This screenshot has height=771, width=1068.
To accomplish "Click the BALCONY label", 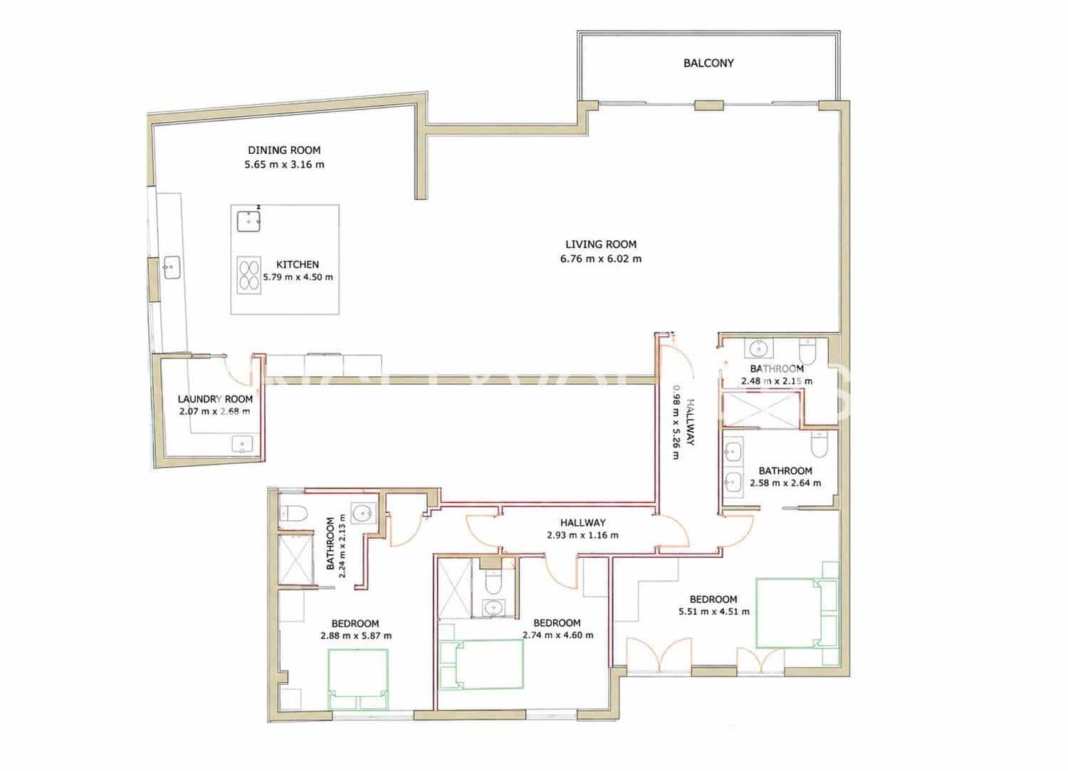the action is click(x=708, y=63).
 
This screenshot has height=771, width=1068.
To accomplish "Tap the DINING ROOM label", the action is click(x=284, y=150).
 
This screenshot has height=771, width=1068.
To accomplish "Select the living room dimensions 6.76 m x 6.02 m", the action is click(x=601, y=259).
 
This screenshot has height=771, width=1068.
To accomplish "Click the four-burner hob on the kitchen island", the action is click(x=249, y=275).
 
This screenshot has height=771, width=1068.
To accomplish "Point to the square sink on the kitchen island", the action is click(x=248, y=221).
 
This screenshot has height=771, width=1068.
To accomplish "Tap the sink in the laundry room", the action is click(x=242, y=444).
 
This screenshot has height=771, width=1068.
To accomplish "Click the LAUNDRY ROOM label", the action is click(x=215, y=399).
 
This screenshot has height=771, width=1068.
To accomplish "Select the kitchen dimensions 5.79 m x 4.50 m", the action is click(x=298, y=277).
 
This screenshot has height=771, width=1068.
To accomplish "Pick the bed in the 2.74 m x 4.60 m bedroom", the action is click(x=481, y=664).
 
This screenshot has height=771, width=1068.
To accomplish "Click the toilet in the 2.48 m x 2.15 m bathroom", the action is click(x=807, y=351).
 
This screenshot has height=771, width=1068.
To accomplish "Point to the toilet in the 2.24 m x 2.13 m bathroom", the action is click(x=293, y=513).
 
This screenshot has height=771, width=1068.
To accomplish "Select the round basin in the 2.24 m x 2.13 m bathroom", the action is click(x=362, y=513).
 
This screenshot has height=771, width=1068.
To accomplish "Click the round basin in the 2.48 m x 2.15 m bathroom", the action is click(x=758, y=348).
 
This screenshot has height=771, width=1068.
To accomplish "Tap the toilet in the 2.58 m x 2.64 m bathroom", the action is click(x=819, y=444).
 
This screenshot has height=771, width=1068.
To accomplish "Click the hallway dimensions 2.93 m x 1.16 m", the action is click(x=582, y=535).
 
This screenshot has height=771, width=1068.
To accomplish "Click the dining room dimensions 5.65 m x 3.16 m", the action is click(x=284, y=165).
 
